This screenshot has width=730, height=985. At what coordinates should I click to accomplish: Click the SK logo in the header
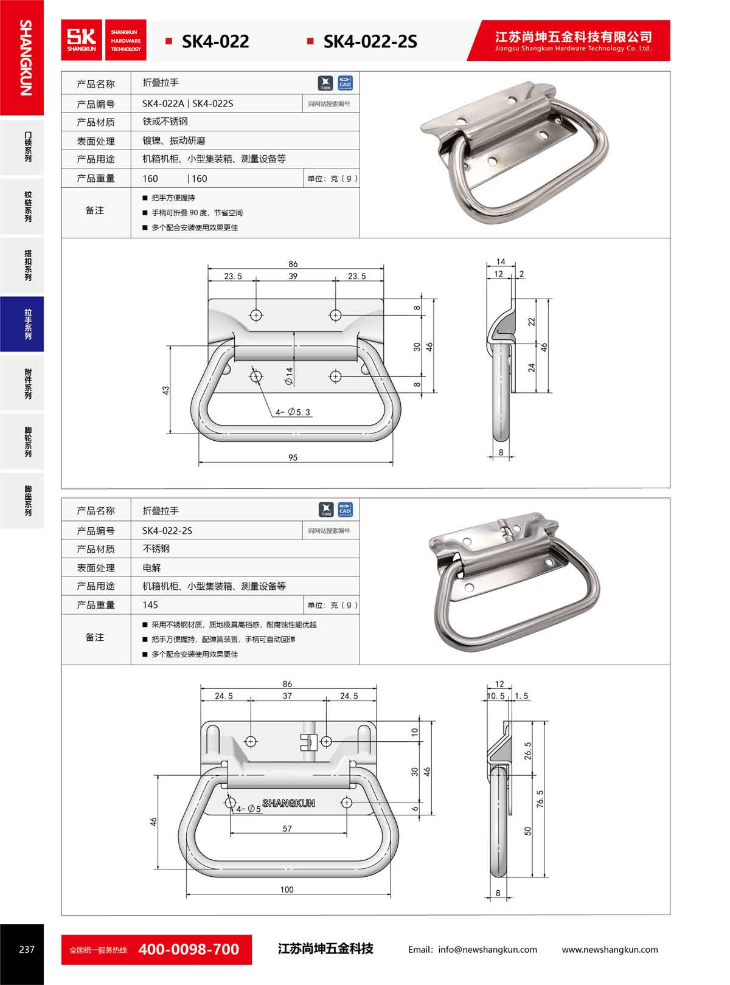click(x=82, y=40)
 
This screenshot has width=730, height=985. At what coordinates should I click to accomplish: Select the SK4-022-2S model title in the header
click(x=370, y=42)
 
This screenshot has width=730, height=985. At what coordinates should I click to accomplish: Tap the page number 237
click(x=27, y=949)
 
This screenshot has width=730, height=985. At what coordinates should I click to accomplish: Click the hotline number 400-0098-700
click(x=189, y=949)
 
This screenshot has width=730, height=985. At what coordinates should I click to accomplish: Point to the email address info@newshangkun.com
click(x=487, y=950)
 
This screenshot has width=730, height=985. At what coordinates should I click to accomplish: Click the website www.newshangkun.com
click(x=610, y=950)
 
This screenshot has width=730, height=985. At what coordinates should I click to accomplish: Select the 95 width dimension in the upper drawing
click(x=293, y=457)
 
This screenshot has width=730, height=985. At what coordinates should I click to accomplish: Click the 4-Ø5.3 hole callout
click(x=293, y=412)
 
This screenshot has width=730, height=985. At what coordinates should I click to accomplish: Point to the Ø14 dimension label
click(x=289, y=376)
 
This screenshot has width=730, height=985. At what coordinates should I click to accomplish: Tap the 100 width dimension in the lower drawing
click(x=287, y=890)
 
